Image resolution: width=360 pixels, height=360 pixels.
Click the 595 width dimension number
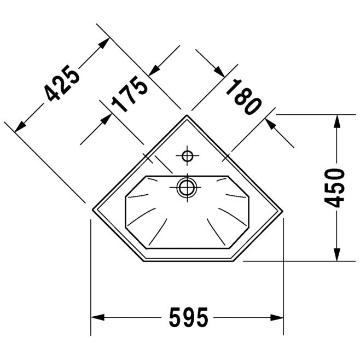click(189, 317)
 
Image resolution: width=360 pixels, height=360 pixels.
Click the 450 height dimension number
click(334, 188)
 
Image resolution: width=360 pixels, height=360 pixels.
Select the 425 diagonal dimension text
click(62, 83)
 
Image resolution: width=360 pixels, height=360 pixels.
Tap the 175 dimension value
click(130, 94)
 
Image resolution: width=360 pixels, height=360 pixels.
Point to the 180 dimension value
click(243, 97)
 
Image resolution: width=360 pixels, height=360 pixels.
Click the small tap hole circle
click(187, 156)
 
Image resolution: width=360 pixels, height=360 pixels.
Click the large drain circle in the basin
click(187, 188)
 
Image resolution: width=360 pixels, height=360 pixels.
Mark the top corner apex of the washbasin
click(187, 115)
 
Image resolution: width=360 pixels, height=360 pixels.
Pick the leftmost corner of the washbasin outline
click(92, 210)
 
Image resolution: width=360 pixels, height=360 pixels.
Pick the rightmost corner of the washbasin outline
click(283, 211)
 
